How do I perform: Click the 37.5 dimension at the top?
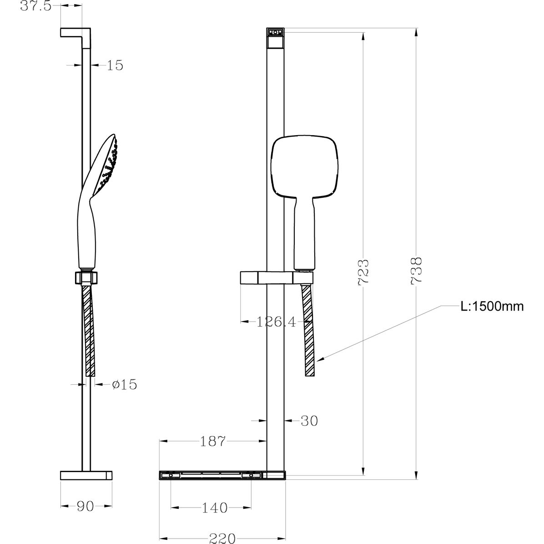pos(36,6)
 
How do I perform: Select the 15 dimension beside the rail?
pos(115,65)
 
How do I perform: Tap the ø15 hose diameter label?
pos(125,384)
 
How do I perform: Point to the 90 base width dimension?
pos(86,507)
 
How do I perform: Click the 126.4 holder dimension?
pos(276,322)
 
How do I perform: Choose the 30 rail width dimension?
pos(309,421)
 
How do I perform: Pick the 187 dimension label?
pos(213,441)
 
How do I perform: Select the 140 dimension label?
pos(215,508)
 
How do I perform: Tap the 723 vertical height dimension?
pos(363,272)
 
